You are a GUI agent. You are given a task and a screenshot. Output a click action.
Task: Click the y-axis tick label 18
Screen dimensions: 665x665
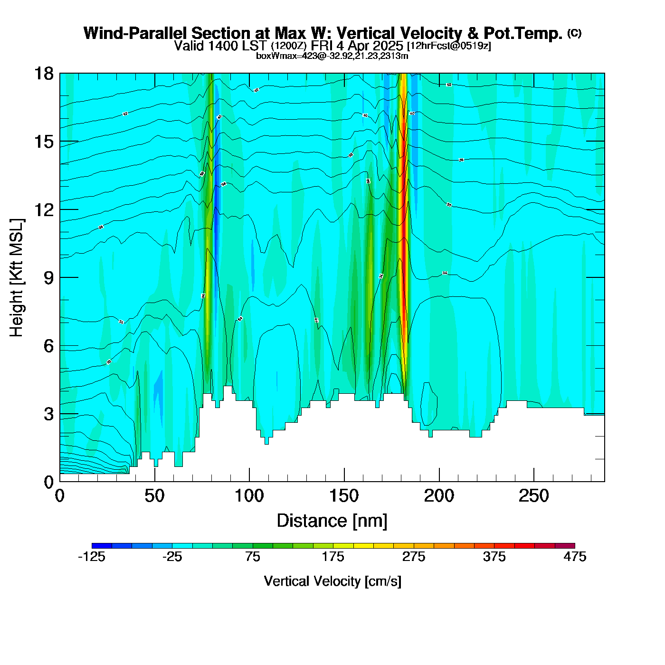tap(43, 74)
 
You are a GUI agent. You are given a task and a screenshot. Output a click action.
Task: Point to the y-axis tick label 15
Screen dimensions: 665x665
tap(43, 142)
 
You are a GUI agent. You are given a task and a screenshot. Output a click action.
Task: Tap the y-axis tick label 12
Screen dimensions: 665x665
tap(43, 209)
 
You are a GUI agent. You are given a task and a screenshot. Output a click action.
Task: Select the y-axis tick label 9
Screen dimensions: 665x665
tap(48, 278)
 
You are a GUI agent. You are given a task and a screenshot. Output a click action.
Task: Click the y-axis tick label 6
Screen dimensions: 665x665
tap(48, 346)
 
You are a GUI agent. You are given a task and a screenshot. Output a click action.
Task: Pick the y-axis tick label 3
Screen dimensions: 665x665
tap(48, 414)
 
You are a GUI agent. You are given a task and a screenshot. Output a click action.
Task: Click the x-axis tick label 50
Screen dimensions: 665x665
tap(154, 496)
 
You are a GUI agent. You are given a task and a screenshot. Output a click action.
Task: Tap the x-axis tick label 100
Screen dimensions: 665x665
tap(249, 496)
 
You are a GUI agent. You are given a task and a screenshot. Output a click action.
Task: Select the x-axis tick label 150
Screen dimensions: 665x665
tap(344, 496)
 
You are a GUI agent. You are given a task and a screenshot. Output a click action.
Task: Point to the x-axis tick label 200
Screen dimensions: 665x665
tap(439, 496)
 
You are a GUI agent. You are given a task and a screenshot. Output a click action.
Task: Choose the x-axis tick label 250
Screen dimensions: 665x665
tap(534, 496)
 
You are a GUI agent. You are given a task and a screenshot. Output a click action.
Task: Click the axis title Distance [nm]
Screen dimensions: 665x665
tap(332, 521)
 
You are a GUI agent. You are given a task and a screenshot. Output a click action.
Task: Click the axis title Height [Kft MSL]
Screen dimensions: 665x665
tap(17, 278)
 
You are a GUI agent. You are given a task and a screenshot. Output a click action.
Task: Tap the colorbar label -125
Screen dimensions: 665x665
tap(92, 557)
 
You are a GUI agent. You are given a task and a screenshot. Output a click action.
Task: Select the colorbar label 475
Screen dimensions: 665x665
tap(575, 557)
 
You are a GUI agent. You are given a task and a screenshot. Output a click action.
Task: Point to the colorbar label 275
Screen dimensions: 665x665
tap(414, 557)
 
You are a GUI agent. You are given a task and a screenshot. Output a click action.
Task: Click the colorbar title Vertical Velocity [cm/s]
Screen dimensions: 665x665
tap(332, 581)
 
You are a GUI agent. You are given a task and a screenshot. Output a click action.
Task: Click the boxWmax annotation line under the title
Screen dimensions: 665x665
tap(332, 56)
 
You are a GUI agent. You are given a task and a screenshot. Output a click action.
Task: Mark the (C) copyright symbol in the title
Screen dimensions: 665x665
tap(574, 33)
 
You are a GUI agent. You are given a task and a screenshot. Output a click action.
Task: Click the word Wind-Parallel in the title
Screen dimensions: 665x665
tap(136, 33)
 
